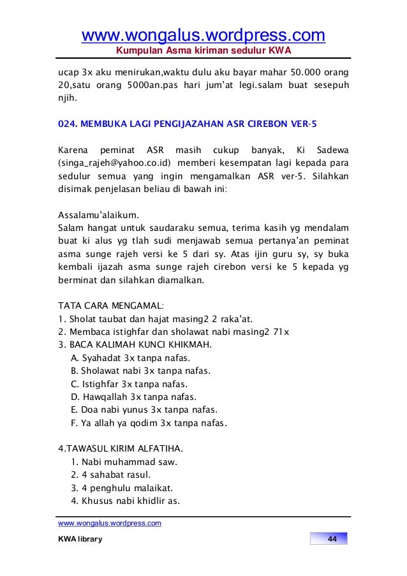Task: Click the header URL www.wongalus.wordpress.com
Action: [203, 34]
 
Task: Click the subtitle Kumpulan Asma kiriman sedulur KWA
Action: [203, 50]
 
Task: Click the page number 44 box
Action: [331, 540]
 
